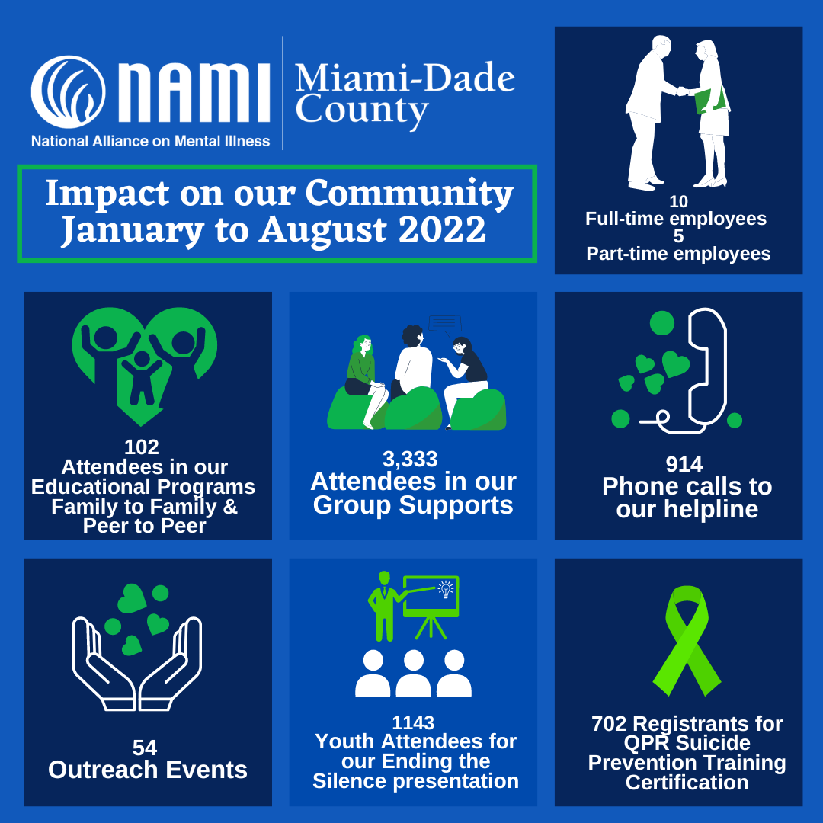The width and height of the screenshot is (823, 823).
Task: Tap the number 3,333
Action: point(410,459)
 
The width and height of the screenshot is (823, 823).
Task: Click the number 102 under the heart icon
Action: point(142,447)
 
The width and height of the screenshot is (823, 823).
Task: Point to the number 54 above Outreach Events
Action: point(145,748)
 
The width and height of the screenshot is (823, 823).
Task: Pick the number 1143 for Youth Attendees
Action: point(413,722)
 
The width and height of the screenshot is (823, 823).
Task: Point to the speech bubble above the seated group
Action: point(445,323)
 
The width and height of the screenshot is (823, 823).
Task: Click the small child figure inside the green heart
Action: point(142,376)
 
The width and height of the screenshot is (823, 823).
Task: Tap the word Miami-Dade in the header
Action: point(405,79)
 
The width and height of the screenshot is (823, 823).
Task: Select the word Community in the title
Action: point(410,194)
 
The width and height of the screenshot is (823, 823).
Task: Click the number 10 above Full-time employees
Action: point(678,202)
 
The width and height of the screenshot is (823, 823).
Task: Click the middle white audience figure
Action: point(414,673)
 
